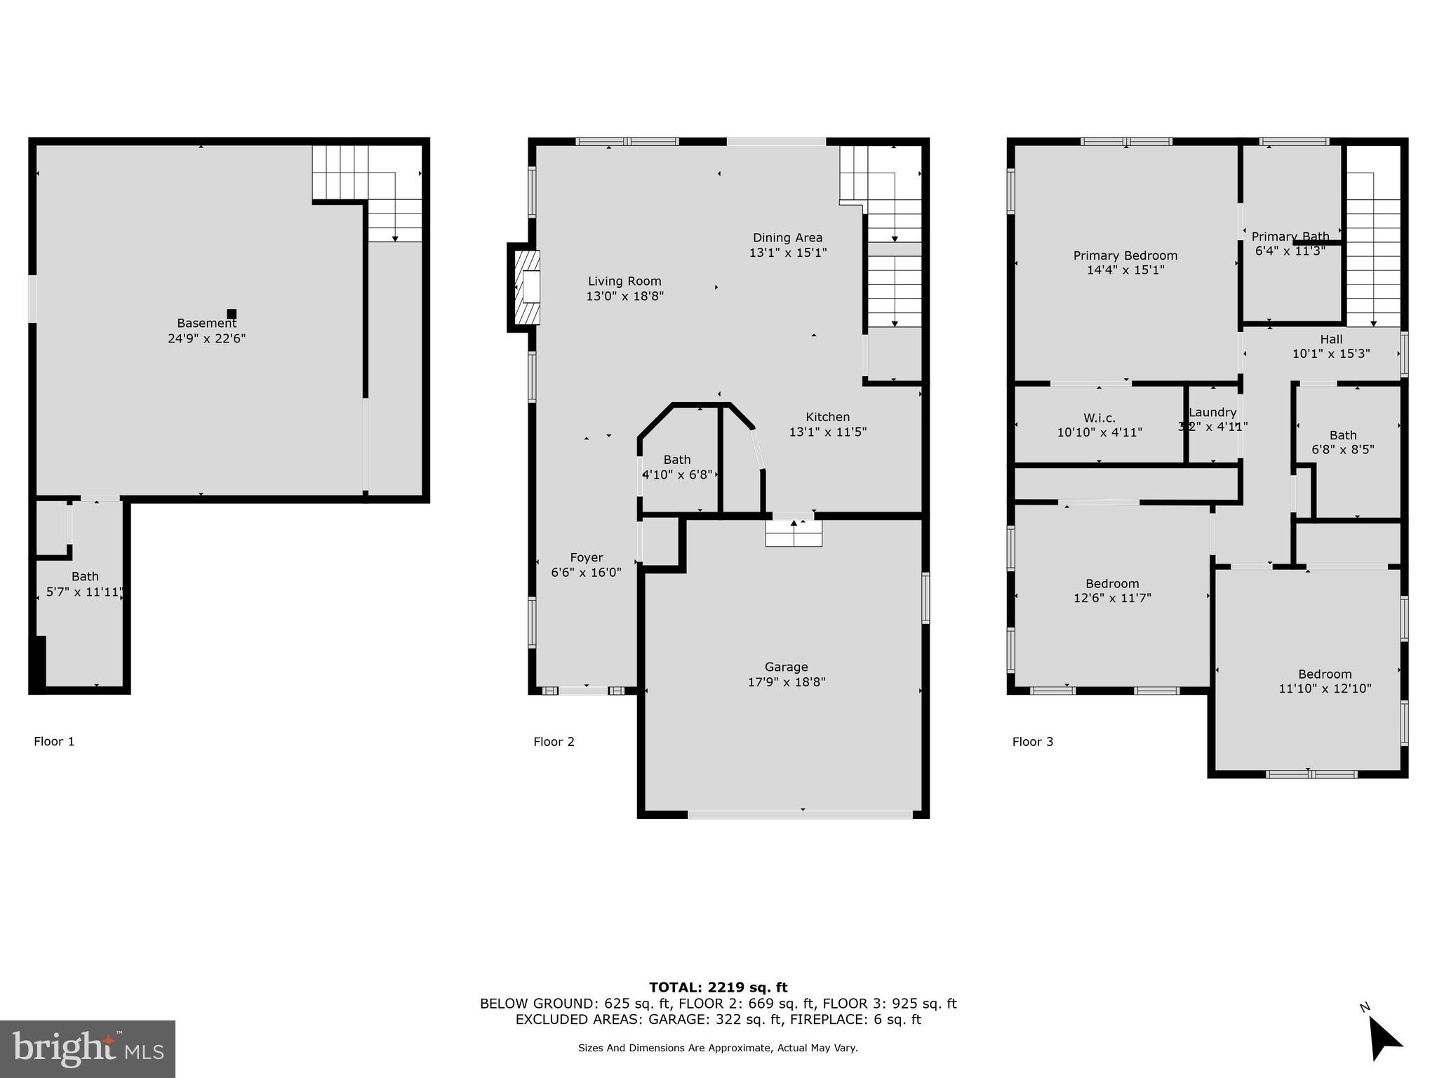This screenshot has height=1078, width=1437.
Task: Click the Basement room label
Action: [x=206, y=324]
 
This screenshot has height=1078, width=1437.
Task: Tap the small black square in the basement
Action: [x=232, y=314]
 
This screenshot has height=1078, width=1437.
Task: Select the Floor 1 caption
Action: [x=54, y=741]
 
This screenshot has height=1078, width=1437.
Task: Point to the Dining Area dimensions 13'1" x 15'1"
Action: [x=788, y=253]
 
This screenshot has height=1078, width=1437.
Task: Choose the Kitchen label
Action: [x=827, y=417]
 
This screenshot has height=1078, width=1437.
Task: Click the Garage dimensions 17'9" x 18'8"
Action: [x=786, y=681]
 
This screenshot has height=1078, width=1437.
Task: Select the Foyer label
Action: [x=586, y=557]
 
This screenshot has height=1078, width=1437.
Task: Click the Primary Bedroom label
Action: [x=1125, y=255]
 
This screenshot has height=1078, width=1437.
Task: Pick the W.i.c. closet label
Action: [x=1099, y=418]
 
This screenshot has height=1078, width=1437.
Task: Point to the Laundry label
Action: [x=1212, y=413]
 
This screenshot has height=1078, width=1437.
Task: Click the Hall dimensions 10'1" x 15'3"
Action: [x=1330, y=354]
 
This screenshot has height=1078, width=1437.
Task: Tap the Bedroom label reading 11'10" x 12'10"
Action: [x=1324, y=674]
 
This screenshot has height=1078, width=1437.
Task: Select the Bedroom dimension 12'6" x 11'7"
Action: [x=1112, y=598]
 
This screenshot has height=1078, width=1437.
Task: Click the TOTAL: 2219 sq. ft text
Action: [x=718, y=987]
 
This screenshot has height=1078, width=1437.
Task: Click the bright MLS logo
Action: [x=88, y=1049]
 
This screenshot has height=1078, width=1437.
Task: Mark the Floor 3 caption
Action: [x=1032, y=741]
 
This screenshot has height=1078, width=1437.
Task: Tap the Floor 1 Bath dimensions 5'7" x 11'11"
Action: [x=84, y=592]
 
